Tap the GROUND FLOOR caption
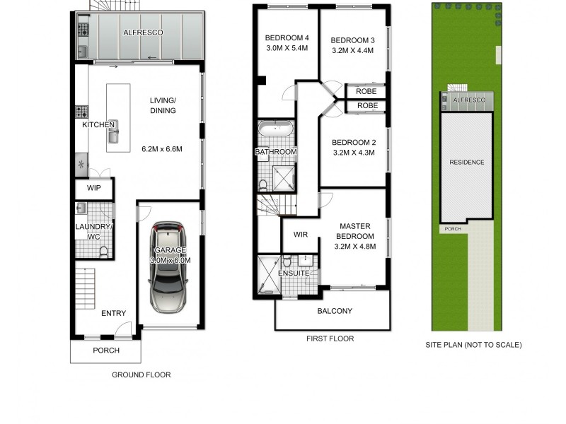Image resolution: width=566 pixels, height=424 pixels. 141,375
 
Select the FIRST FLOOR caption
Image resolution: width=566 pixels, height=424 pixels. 330,339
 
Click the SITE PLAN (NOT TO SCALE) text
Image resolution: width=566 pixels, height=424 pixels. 473,345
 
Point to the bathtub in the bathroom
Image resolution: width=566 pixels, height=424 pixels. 275,129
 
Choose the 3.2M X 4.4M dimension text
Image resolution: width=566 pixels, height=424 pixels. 352,50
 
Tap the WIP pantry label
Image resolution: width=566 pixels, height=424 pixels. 94,189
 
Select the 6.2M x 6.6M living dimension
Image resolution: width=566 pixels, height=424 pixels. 162,149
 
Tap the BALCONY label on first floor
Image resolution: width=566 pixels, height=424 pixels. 335,311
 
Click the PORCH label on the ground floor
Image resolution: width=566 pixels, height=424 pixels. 106,351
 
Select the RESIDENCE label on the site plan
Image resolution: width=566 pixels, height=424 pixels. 467,163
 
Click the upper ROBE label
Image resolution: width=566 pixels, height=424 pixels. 366,91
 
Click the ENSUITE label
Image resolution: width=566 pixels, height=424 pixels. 292,272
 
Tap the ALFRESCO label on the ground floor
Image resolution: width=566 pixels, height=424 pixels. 143,33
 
